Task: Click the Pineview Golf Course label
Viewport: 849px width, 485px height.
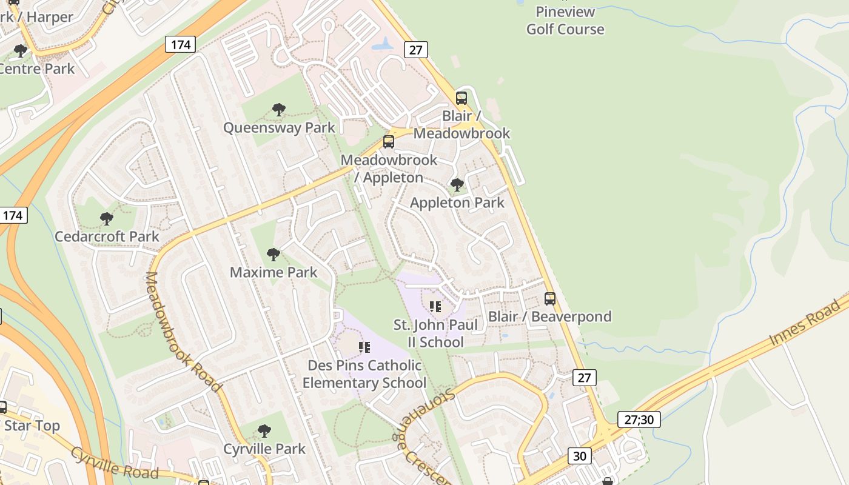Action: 565,20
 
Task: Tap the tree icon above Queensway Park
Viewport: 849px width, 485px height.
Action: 279,110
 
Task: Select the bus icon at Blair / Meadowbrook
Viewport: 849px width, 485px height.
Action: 461,98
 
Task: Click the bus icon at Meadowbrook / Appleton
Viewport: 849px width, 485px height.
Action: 389,142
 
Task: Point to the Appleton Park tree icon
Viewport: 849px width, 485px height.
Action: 457,184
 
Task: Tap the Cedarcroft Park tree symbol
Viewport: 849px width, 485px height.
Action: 107,218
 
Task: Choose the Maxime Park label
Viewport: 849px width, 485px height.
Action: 273,272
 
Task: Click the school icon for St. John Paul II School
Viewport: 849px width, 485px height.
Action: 435,307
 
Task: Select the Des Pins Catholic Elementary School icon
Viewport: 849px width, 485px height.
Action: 364,347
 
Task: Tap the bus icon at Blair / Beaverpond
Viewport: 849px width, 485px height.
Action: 550,298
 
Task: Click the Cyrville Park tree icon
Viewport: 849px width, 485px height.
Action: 264,431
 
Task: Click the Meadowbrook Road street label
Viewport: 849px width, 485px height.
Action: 181,330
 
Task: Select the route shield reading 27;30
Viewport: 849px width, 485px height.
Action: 639,420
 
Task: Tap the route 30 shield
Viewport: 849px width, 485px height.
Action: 580,455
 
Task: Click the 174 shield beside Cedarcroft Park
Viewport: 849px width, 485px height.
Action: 13,215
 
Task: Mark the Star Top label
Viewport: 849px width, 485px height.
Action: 32,426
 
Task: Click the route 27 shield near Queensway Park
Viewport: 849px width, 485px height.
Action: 415,50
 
